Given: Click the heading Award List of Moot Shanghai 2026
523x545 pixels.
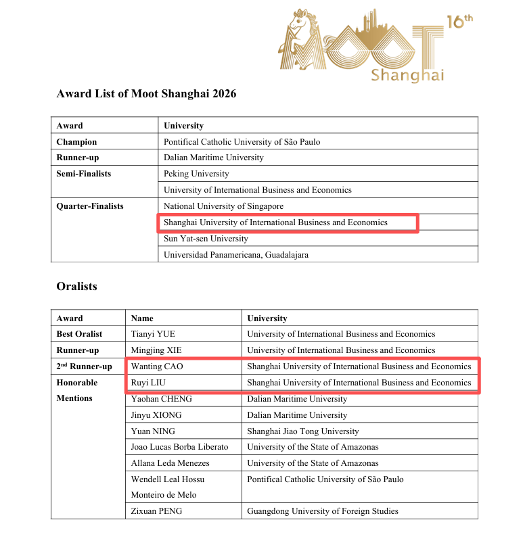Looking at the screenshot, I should [146, 94].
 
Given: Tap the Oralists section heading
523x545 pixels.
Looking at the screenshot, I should [76, 287].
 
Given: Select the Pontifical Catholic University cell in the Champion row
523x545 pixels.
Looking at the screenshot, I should [242, 142].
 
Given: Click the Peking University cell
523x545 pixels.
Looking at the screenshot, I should [196, 174].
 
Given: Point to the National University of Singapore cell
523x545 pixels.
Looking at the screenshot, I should [223, 206].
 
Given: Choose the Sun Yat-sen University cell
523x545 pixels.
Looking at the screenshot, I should [206, 239].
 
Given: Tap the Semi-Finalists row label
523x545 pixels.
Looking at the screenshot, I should [84, 174].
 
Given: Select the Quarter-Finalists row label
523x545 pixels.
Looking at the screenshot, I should [90, 206].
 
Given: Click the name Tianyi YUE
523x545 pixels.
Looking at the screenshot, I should [153, 334].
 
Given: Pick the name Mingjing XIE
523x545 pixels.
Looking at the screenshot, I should [156, 350].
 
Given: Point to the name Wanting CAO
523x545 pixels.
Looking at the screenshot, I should [157, 366].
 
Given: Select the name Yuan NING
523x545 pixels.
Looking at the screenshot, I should [153, 431].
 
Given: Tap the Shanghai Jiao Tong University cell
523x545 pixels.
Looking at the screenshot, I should [303, 431].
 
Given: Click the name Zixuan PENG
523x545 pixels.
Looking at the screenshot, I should [156, 511].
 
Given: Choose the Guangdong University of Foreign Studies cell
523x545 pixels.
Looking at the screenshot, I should [323, 511].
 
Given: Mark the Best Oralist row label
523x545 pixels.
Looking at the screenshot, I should [80, 334].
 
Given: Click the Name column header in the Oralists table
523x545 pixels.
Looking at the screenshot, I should [142, 318].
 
